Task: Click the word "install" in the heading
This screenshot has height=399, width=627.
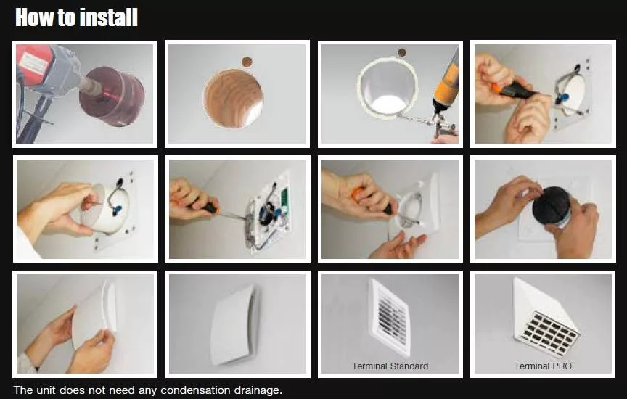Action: click(x=107, y=17)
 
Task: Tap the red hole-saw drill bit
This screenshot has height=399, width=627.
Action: click(x=112, y=96)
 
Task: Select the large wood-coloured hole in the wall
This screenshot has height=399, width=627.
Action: click(x=233, y=99)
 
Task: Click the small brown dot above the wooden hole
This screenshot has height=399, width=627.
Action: click(x=247, y=62)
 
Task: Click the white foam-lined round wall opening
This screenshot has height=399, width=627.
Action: click(x=387, y=86)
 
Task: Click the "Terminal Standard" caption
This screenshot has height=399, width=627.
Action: click(x=390, y=366)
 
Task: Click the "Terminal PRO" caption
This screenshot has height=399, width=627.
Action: click(x=543, y=366)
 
